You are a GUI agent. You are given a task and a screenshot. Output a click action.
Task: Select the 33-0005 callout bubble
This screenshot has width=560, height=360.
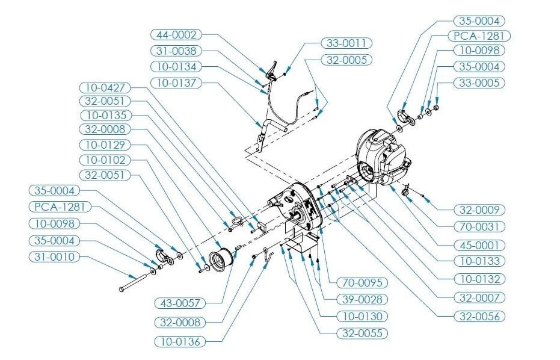(479, 82)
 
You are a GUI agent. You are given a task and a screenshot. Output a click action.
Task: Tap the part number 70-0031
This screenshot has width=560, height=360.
(479, 227)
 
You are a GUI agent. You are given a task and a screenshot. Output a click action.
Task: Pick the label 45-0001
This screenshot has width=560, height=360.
(479, 245)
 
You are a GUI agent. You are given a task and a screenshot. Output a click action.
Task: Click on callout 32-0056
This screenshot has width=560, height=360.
(479, 315)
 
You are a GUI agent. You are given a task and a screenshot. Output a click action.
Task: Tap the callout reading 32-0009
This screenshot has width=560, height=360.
(479, 210)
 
